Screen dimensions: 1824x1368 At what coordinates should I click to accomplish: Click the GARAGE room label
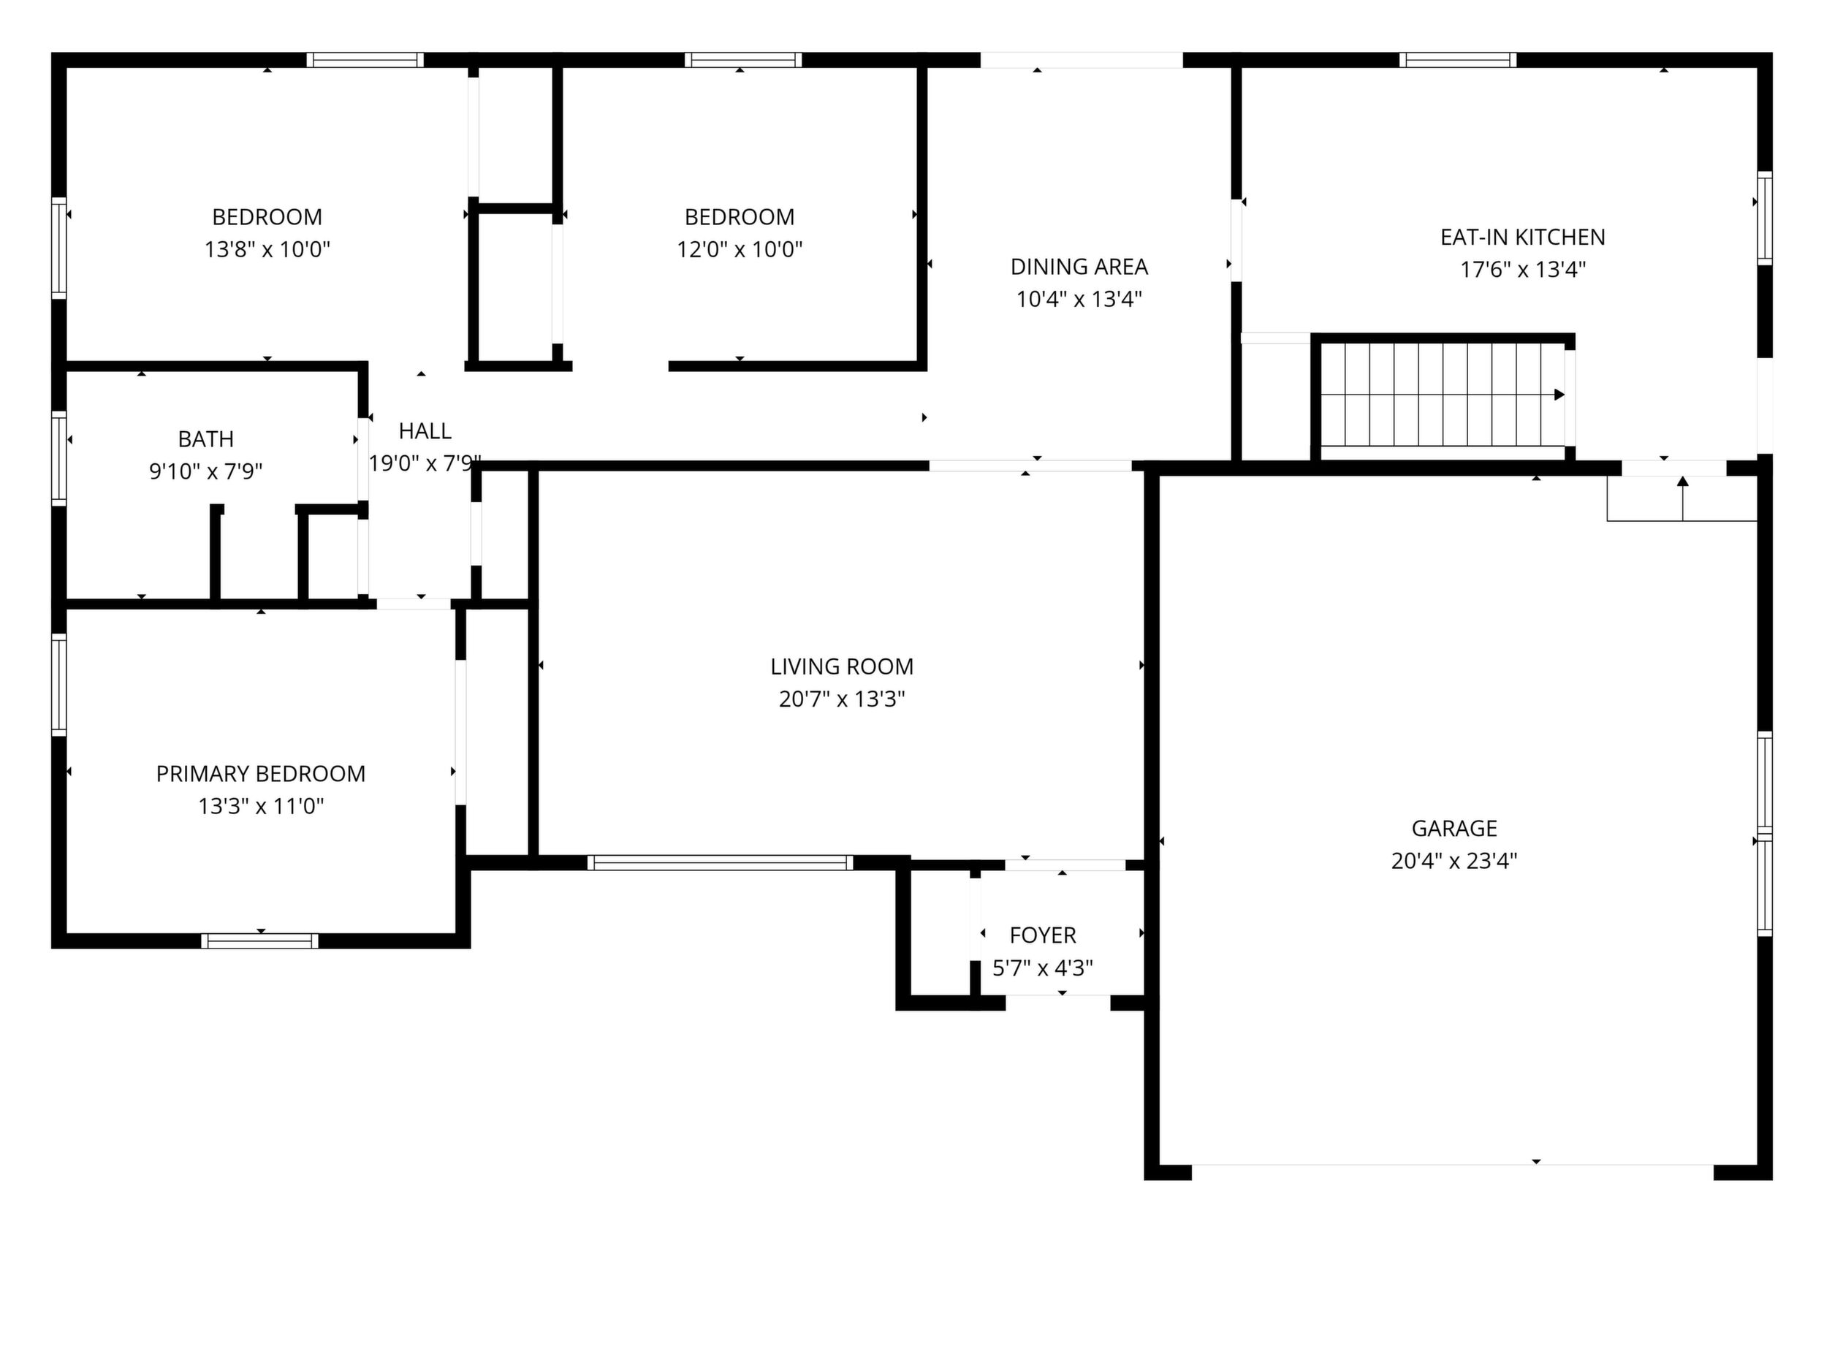(x=1453, y=828)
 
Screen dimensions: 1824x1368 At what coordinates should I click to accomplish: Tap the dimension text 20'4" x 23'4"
(x=1453, y=861)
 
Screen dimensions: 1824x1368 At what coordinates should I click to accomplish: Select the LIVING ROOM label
(x=842, y=666)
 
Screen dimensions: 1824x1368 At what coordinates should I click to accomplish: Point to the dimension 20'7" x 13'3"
(x=842, y=699)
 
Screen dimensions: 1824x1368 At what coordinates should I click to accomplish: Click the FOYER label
(x=1042, y=935)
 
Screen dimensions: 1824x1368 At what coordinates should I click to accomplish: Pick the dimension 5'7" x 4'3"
(x=1042, y=968)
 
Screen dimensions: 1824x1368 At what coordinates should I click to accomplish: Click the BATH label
(x=206, y=438)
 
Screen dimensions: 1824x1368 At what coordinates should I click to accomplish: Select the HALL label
(x=425, y=430)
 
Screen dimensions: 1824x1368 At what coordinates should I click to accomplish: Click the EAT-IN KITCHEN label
(x=1522, y=237)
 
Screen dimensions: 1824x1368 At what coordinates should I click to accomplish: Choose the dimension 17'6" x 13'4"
(x=1522, y=270)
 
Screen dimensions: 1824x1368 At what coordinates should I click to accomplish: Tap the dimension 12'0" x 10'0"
(x=740, y=249)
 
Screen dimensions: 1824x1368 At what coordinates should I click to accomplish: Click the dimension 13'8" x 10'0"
(x=267, y=249)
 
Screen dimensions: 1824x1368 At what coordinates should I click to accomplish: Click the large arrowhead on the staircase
(x=1559, y=394)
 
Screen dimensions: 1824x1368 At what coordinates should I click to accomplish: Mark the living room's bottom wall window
(x=720, y=862)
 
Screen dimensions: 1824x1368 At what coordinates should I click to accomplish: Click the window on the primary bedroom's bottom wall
(x=259, y=940)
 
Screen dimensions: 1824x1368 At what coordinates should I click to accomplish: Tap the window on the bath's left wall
(x=58, y=457)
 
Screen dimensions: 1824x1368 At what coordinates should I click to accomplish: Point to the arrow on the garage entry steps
(x=1682, y=498)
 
